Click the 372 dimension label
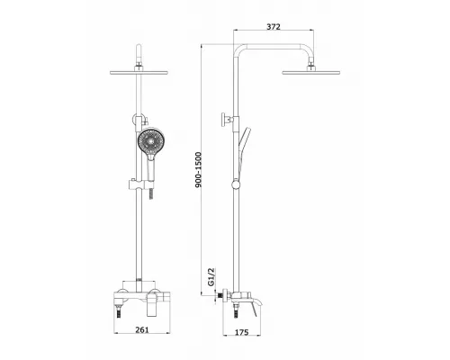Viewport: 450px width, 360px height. [274, 27]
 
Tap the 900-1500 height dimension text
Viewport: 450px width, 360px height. [199, 170]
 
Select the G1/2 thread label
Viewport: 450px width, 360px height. [211, 276]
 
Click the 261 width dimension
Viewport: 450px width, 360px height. [142, 329]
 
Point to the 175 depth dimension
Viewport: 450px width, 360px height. [241, 332]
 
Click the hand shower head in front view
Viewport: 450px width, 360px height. [151, 140]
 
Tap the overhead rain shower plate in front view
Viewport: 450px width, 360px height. [139, 72]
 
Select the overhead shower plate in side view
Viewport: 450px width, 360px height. [311, 72]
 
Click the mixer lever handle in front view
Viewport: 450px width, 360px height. [152, 304]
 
